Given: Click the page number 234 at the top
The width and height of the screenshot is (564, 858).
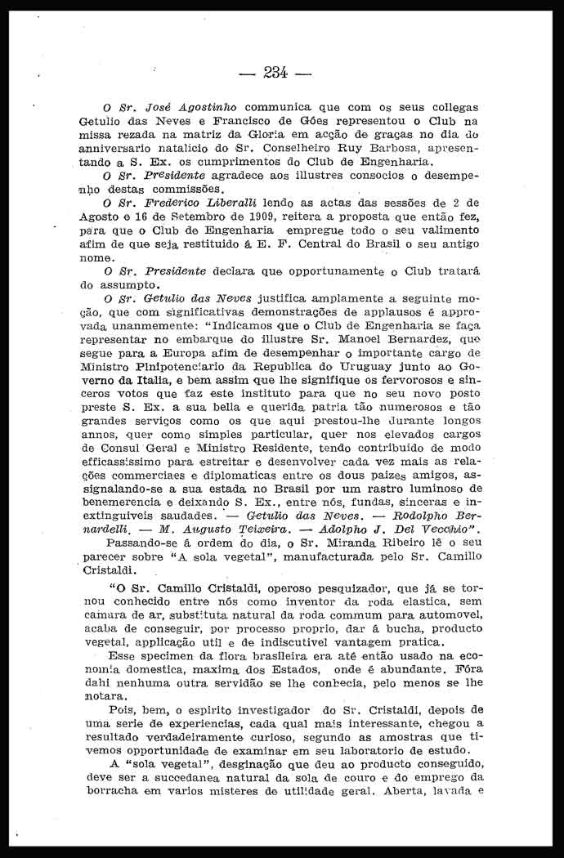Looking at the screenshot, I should click(277, 72).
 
